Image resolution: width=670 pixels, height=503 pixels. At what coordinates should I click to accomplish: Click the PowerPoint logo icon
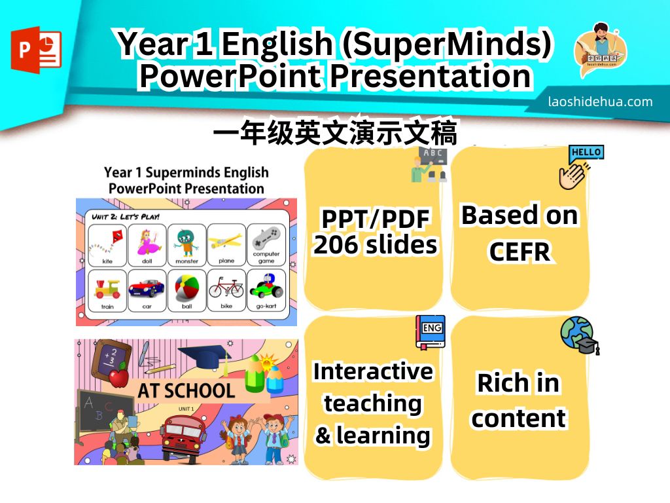(37, 50)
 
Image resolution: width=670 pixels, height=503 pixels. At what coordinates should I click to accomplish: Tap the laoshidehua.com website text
(601, 102)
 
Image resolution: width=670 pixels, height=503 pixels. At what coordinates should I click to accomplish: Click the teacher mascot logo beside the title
(601, 50)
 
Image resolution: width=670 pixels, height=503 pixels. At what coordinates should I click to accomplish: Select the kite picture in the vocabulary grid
(107, 242)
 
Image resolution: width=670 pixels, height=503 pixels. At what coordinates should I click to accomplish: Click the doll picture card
(147, 242)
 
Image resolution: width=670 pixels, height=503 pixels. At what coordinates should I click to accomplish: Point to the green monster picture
(186, 242)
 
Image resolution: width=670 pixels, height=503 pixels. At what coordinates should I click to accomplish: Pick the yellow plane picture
(226, 242)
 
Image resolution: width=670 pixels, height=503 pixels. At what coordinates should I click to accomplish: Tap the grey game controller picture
(266, 238)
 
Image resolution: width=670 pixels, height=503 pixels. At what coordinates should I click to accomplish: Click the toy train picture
(107, 289)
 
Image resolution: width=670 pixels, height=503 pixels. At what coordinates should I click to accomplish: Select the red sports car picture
(147, 288)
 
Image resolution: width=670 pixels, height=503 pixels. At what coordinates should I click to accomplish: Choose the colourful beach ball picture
(186, 288)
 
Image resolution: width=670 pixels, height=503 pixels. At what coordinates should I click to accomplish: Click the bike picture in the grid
(226, 287)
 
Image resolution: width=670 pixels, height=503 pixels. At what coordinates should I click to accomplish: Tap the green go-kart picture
(266, 286)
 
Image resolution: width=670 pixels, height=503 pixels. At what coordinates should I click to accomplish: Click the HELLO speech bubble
(586, 153)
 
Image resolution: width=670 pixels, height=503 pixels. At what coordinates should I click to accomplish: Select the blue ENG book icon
(431, 332)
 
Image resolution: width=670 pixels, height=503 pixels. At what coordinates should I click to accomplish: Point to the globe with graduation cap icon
(580, 336)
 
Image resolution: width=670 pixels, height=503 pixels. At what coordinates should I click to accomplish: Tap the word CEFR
(520, 251)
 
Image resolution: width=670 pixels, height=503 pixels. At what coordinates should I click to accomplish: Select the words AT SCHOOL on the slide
(186, 390)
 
